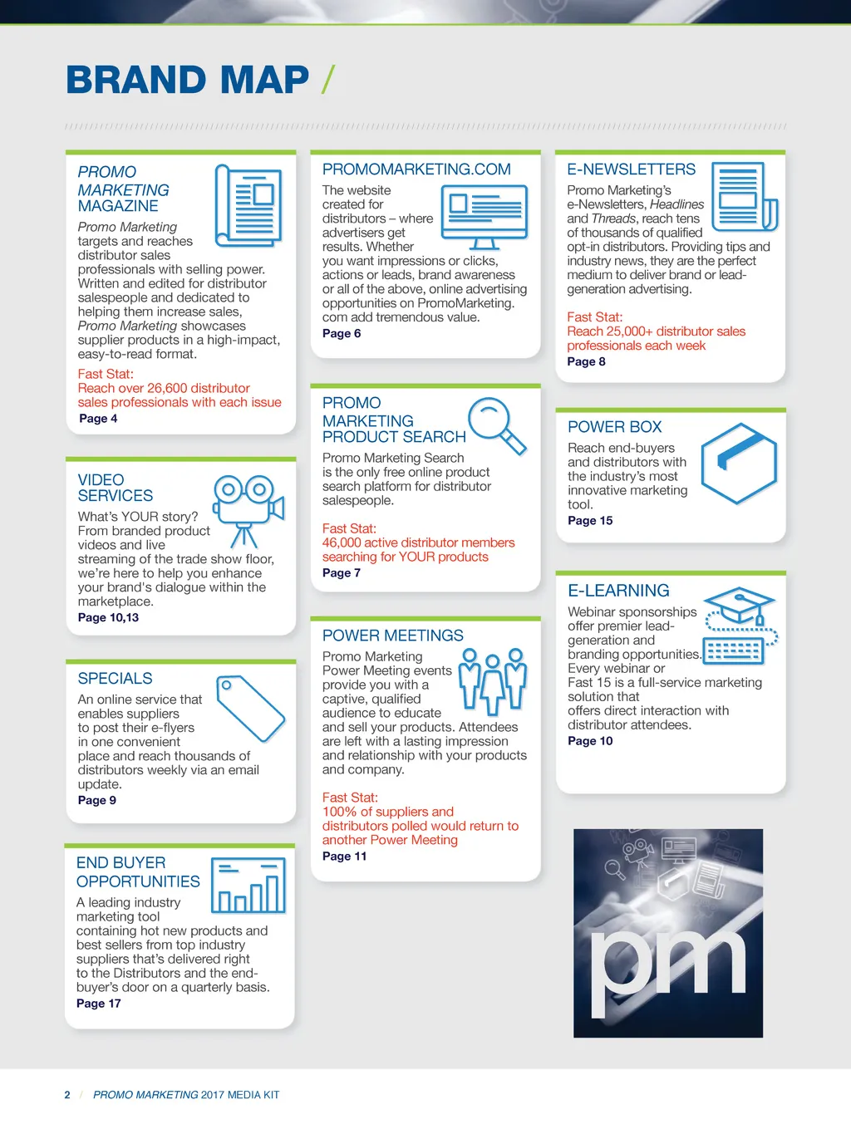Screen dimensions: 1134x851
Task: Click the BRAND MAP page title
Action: point(187,80)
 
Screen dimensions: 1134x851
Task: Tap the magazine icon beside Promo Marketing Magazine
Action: point(248,204)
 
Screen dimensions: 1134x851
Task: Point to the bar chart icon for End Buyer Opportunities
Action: point(248,886)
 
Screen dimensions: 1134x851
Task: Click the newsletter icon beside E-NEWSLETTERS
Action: point(745,195)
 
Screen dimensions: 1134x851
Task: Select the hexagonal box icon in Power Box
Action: point(739,463)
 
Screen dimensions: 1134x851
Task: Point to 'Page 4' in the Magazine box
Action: point(98,419)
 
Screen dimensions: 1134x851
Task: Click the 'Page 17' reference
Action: point(98,1004)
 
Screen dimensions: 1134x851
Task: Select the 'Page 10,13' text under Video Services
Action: point(108,617)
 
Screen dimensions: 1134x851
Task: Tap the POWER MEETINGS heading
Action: point(392,636)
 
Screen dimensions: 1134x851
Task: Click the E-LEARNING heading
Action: point(618,591)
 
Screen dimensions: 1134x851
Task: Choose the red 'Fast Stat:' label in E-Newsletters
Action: point(594,317)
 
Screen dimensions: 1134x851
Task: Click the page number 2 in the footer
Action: point(67,1095)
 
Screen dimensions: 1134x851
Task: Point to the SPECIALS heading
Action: point(115,679)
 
